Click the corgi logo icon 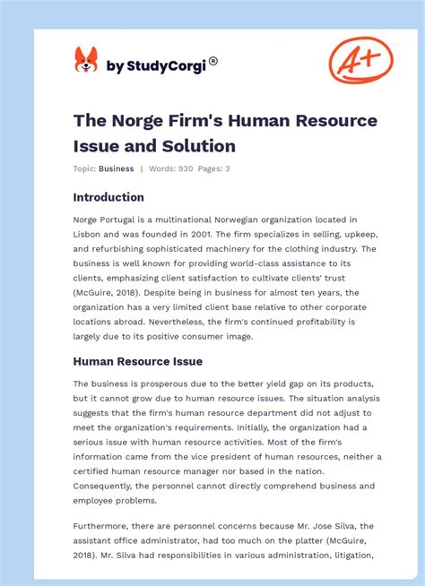click(x=86, y=61)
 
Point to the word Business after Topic click(x=117, y=168)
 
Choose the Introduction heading click(x=108, y=197)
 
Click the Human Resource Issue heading click(x=137, y=361)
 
